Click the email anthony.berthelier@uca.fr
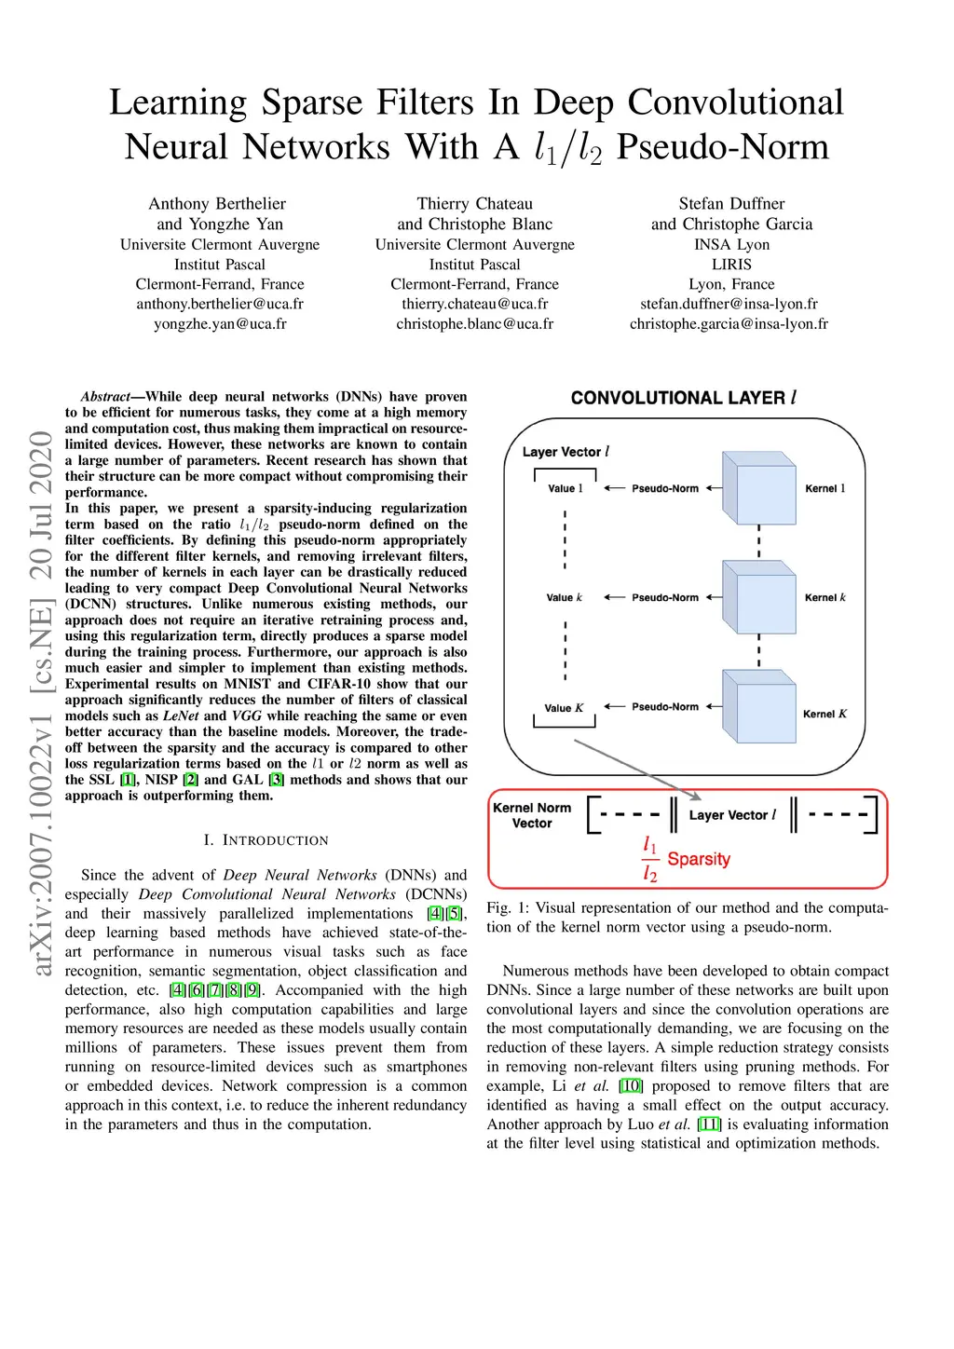(x=220, y=304)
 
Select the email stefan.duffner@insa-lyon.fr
(x=729, y=304)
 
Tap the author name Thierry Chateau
(x=474, y=203)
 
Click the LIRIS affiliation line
(x=731, y=265)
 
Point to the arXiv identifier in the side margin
(x=42, y=703)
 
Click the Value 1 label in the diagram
(x=565, y=488)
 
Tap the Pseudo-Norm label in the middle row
(x=664, y=597)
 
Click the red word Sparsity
(x=699, y=859)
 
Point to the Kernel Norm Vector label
(x=532, y=815)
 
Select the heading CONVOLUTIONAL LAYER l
(x=683, y=398)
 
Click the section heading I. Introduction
(x=266, y=840)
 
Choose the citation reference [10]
(x=631, y=1086)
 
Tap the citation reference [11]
(x=710, y=1124)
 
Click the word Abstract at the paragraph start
(x=105, y=397)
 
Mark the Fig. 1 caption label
(x=508, y=908)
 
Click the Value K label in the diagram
(x=564, y=708)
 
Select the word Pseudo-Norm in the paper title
(x=722, y=147)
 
